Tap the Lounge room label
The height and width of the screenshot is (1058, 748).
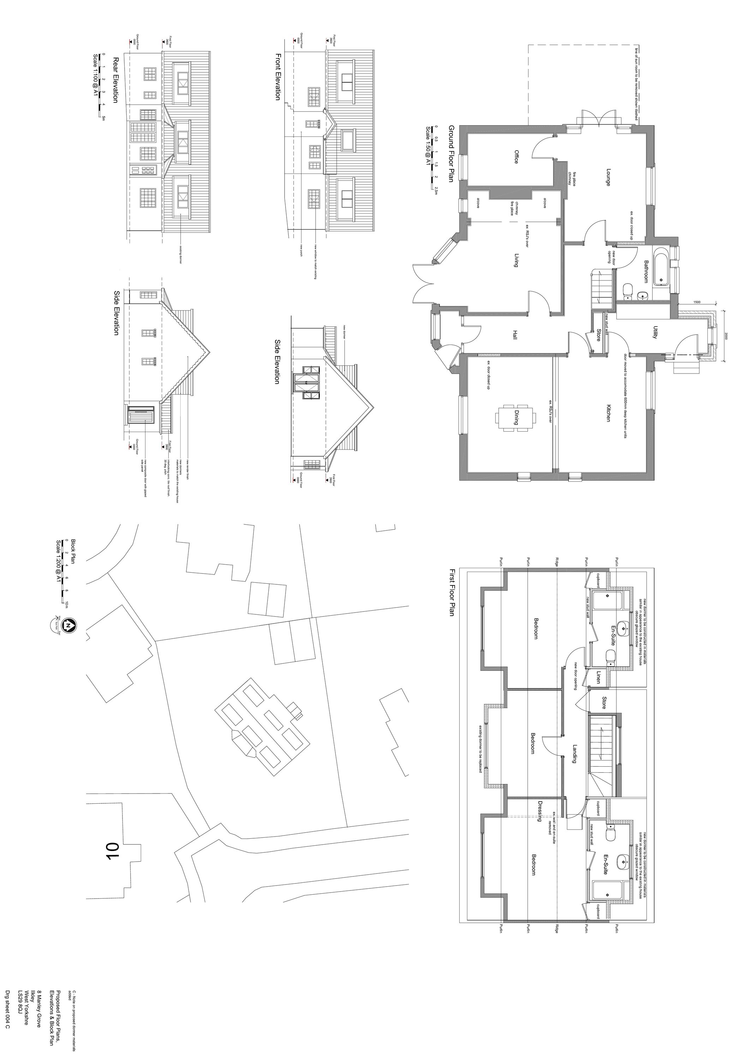click(x=608, y=177)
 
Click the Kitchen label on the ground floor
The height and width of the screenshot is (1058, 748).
click(x=608, y=413)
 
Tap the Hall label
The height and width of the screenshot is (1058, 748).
click(x=515, y=335)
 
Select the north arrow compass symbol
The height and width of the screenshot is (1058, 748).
click(x=68, y=625)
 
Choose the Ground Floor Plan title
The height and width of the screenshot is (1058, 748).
click(x=451, y=153)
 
